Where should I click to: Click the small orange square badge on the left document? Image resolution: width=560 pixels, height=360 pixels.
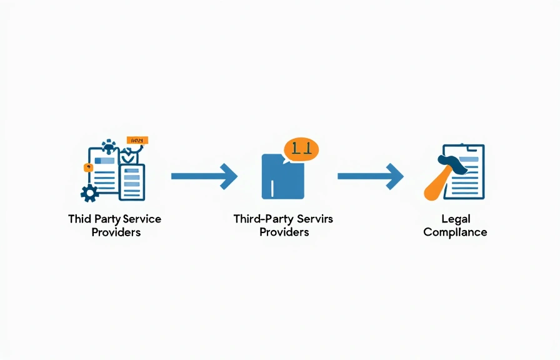point(87,167)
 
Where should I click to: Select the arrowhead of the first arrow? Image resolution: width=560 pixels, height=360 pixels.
point(229,177)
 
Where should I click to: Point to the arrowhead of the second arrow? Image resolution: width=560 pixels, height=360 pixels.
point(395,177)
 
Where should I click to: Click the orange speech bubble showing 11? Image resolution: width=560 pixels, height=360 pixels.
point(301,149)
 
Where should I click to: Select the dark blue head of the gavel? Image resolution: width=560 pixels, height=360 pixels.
point(454,163)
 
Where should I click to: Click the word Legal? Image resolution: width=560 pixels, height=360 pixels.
point(455,219)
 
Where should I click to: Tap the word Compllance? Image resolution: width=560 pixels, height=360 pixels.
point(455,232)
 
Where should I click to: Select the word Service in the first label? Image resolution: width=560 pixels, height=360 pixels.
point(142,219)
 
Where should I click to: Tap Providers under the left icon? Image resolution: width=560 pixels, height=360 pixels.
point(116,232)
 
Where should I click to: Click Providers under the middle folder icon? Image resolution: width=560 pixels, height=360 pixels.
point(284,232)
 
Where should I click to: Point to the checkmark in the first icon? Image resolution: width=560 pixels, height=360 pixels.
point(127,157)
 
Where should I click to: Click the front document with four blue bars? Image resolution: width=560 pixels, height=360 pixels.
point(132,181)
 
